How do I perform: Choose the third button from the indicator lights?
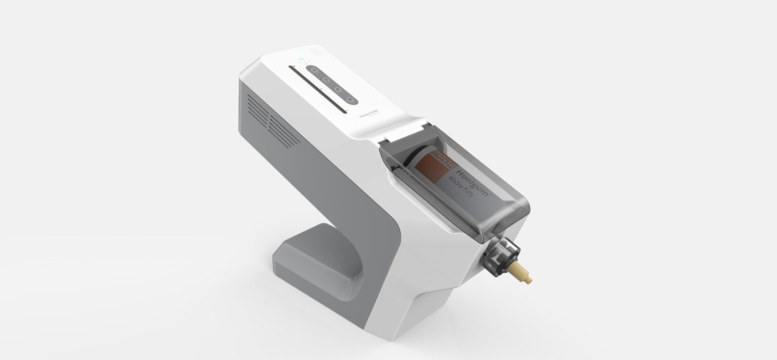pos(338,89)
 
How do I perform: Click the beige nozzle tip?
pos(523,276)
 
